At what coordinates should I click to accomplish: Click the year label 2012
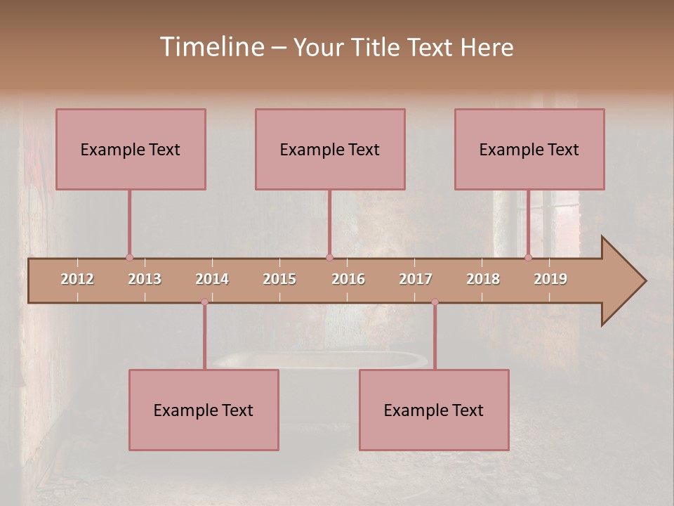coord(77,279)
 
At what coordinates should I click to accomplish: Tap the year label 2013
coord(145,279)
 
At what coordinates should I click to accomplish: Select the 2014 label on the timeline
coord(212,279)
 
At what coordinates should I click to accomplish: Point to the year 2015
coord(279,279)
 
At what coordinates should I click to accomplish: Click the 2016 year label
coord(348,279)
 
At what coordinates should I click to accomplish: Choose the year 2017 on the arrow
coord(416,279)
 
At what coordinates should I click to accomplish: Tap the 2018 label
coord(483,279)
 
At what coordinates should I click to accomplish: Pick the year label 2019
coord(550,279)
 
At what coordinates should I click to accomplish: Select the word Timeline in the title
coord(211,47)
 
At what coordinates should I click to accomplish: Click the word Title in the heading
coord(377,47)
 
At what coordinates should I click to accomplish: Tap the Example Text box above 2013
coord(131,149)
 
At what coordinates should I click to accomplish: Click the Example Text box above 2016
coord(330,149)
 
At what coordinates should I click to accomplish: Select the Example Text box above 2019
coord(529,149)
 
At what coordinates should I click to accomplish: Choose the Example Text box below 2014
coord(204,410)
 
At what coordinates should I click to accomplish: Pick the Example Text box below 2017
coord(434,410)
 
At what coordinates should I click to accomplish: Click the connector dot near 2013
coord(129,257)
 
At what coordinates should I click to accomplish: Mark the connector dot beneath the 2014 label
coord(204,302)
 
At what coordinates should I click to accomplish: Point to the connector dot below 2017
coord(435,302)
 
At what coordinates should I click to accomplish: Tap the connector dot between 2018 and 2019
coord(529,257)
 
